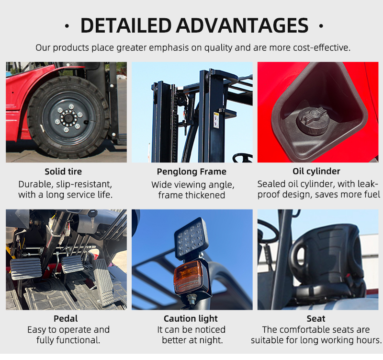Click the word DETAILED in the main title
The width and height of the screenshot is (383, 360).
[126, 25]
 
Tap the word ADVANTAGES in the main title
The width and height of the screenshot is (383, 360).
[243, 25]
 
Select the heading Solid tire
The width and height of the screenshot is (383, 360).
[63, 172]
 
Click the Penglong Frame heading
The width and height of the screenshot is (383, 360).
[191, 172]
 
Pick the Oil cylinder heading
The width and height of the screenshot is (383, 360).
[316, 171]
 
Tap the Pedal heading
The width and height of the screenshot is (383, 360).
[66, 318]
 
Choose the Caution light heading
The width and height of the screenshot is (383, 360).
[191, 319]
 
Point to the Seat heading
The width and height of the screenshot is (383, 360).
[316, 318]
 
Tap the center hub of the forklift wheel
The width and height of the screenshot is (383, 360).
[68, 118]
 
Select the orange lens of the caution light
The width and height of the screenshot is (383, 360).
[188, 277]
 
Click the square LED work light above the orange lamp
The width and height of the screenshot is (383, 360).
[191, 239]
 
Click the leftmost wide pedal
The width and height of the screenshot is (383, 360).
[26, 268]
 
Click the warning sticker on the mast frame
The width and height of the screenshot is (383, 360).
[216, 120]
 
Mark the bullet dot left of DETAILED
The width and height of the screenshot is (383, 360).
[67, 26]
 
